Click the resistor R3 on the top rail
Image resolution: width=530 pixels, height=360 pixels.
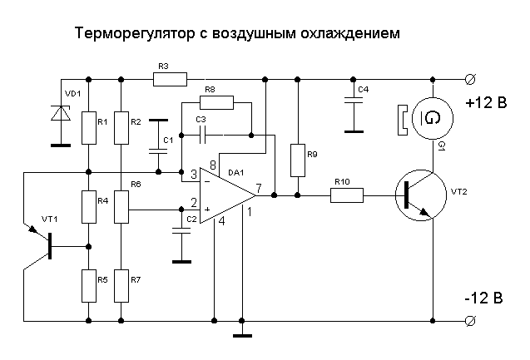pos(171,80)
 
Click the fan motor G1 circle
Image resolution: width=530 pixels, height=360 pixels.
pos(432,120)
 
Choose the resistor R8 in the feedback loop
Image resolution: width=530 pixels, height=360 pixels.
pos(217,102)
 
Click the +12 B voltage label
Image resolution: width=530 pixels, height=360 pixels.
pos(486,104)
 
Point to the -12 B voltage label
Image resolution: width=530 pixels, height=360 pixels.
pos(483,298)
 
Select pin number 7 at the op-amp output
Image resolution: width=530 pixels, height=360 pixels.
pos(260,188)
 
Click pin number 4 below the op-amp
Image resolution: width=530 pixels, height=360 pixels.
pos(221,221)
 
